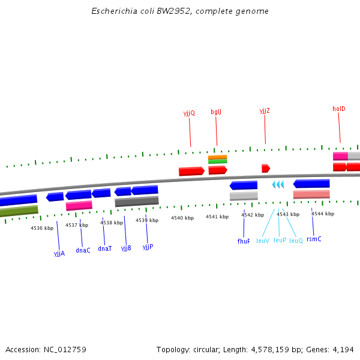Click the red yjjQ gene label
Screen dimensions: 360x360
coord(189,113)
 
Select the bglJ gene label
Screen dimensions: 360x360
coord(216,112)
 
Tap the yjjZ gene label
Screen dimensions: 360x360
coord(265,110)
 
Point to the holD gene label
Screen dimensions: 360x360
coord(339,109)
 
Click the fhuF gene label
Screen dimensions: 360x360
coord(244,241)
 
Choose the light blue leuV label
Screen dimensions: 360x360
coord(263,241)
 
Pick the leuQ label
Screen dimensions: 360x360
coord(296,241)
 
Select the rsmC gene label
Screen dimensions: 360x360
coord(314,239)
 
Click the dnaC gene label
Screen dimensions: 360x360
coord(83,250)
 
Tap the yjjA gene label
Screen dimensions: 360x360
coord(59,253)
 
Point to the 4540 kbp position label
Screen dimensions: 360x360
coord(182,218)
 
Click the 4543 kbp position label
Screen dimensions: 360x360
coord(287,214)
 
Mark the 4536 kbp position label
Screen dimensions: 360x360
coord(42,228)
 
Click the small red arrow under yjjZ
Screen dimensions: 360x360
coord(265,169)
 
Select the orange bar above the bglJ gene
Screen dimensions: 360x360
coord(217,157)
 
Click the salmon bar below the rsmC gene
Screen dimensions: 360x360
coord(311,194)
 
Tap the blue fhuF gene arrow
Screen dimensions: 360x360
coord(244,185)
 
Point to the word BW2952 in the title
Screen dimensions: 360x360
coord(171,11)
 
